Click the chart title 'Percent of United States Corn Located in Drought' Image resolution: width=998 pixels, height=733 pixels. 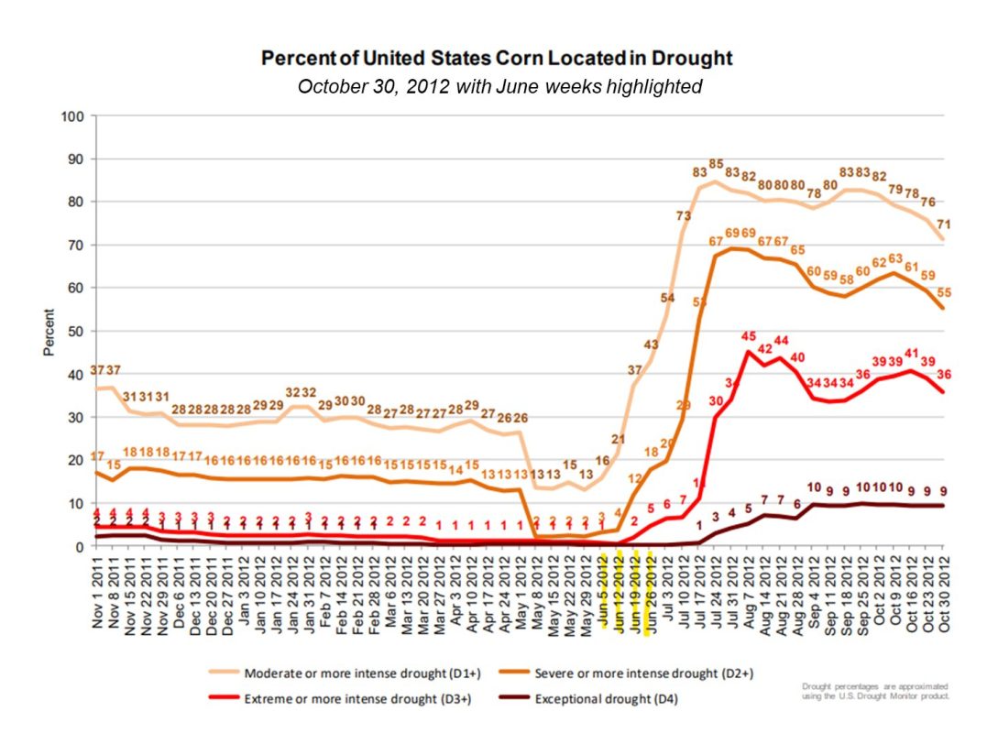click(498, 59)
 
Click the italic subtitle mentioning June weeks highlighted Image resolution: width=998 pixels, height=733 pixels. click(499, 88)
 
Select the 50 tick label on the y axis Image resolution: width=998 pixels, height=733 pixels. click(77, 331)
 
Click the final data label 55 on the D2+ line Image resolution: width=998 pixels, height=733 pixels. click(943, 292)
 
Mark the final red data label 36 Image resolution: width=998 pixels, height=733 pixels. click(943, 374)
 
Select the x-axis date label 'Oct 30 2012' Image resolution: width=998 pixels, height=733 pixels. click(944, 595)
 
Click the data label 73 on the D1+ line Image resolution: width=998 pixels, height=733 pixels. click(684, 216)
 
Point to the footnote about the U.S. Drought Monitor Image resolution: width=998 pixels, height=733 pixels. click(874, 690)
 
